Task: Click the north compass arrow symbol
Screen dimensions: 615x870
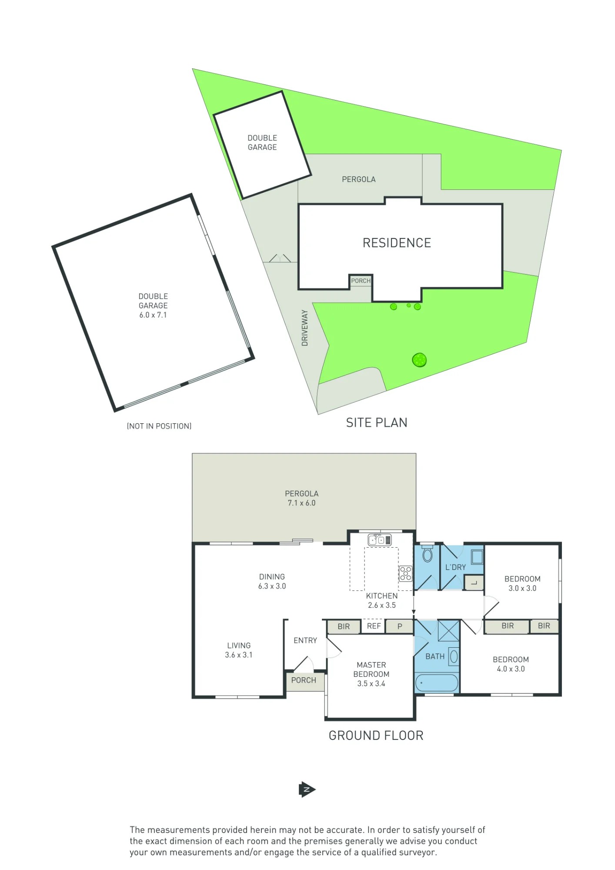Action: pos(307,790)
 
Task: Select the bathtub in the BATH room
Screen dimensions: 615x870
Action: pos(437,683)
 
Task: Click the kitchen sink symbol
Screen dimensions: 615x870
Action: pos(379,540)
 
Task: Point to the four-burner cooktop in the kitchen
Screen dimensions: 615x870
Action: pos(405,574)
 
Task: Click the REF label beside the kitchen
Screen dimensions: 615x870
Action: pos(374,626)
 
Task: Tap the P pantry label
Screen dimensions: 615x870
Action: pos(400,626)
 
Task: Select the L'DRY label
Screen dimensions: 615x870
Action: pos(455,567)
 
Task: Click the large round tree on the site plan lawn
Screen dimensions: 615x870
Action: pos(419,360)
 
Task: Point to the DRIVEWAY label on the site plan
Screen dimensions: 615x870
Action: pos(304,328)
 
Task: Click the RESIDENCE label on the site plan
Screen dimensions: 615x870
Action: pos(397,243)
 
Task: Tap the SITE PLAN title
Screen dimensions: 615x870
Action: pos(377,423)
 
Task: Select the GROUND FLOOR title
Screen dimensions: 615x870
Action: pos(376,736)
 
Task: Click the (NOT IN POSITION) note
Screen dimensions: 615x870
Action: pos(159,426)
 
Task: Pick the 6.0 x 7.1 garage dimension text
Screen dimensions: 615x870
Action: pos(153,315)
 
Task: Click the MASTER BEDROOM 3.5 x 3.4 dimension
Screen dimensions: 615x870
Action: pos(371,683)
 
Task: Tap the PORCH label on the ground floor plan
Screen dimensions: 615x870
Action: pos(304,680)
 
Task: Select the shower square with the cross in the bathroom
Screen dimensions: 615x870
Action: pos(448,631)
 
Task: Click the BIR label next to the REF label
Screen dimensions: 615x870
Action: pos(344,626)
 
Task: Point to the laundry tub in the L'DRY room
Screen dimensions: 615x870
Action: pos(477,557)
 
